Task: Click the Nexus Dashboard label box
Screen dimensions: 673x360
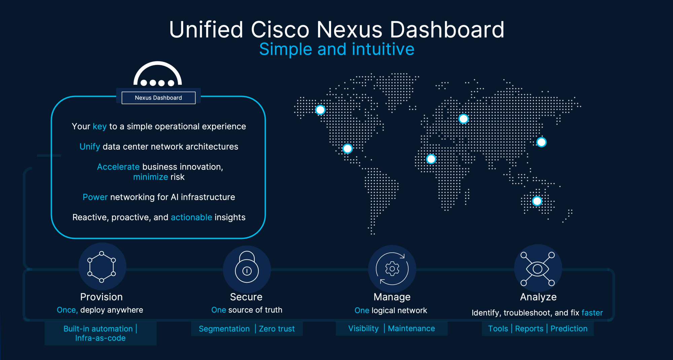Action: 158,98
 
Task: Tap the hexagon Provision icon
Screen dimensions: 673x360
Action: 102,267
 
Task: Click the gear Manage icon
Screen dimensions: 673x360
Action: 392,268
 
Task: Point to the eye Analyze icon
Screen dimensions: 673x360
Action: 538,269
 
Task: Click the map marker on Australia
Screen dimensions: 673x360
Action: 537,201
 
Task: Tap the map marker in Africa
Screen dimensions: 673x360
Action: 431,159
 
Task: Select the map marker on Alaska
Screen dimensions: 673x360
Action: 320,110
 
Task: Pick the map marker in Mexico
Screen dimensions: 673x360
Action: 348,148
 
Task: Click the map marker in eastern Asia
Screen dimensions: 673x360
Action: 541,142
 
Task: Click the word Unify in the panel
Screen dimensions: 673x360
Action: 90,147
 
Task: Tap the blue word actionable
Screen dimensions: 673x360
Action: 191,217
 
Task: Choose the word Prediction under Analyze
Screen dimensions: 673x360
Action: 569,329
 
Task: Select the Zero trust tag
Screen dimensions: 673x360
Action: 277,329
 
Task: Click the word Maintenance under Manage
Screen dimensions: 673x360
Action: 412,328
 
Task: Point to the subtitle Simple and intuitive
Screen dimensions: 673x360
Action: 337,49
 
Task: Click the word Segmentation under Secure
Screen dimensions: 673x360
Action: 224,329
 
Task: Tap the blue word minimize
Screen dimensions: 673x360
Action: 150,177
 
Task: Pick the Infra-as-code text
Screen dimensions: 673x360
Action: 100,338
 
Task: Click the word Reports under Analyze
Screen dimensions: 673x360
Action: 529,329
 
